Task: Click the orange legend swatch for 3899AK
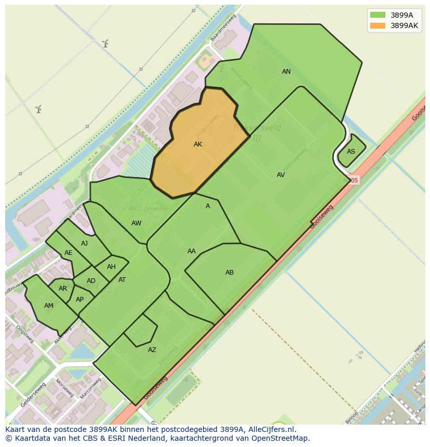click(x=378, y=25)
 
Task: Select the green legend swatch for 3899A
click(x=378, y=15)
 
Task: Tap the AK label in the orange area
click(x=198, y=144)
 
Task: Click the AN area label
click(x=286, y=72)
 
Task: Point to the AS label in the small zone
click(x=351, y=152)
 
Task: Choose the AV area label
click(x=280, y=175)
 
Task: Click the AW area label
click(x=136, y=223)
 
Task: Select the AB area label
click(x=230, y=273)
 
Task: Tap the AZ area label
click(x=152, y=350)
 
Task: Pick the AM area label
click(x=49, y=306)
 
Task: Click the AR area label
click(x=63, y=289)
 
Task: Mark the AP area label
click(x=79, y=300)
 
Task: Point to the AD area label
click(x=91, y=281)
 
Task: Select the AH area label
click(x=111, y=267)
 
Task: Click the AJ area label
click(x=85, y=243)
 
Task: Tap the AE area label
click(x=69, y=253)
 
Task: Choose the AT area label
click(x=122, y=280)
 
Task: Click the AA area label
click(x=192, y=251)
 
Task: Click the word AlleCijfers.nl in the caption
click(x=270, y=429)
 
